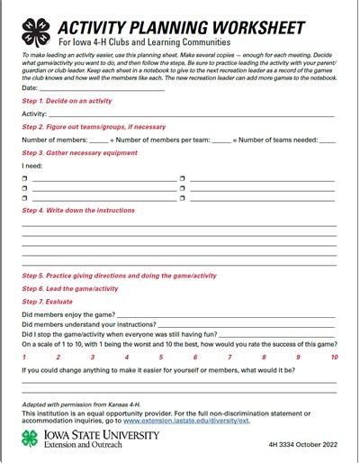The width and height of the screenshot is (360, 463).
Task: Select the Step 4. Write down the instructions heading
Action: [78, 210]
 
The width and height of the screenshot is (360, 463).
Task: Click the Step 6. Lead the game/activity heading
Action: [70, 288]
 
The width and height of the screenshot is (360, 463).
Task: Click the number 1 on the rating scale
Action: [23, 358]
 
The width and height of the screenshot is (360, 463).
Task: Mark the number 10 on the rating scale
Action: [334, 358]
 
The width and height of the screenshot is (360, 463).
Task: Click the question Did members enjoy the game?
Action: [67, 314]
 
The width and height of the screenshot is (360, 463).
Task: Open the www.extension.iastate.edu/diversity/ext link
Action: [186, 421]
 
